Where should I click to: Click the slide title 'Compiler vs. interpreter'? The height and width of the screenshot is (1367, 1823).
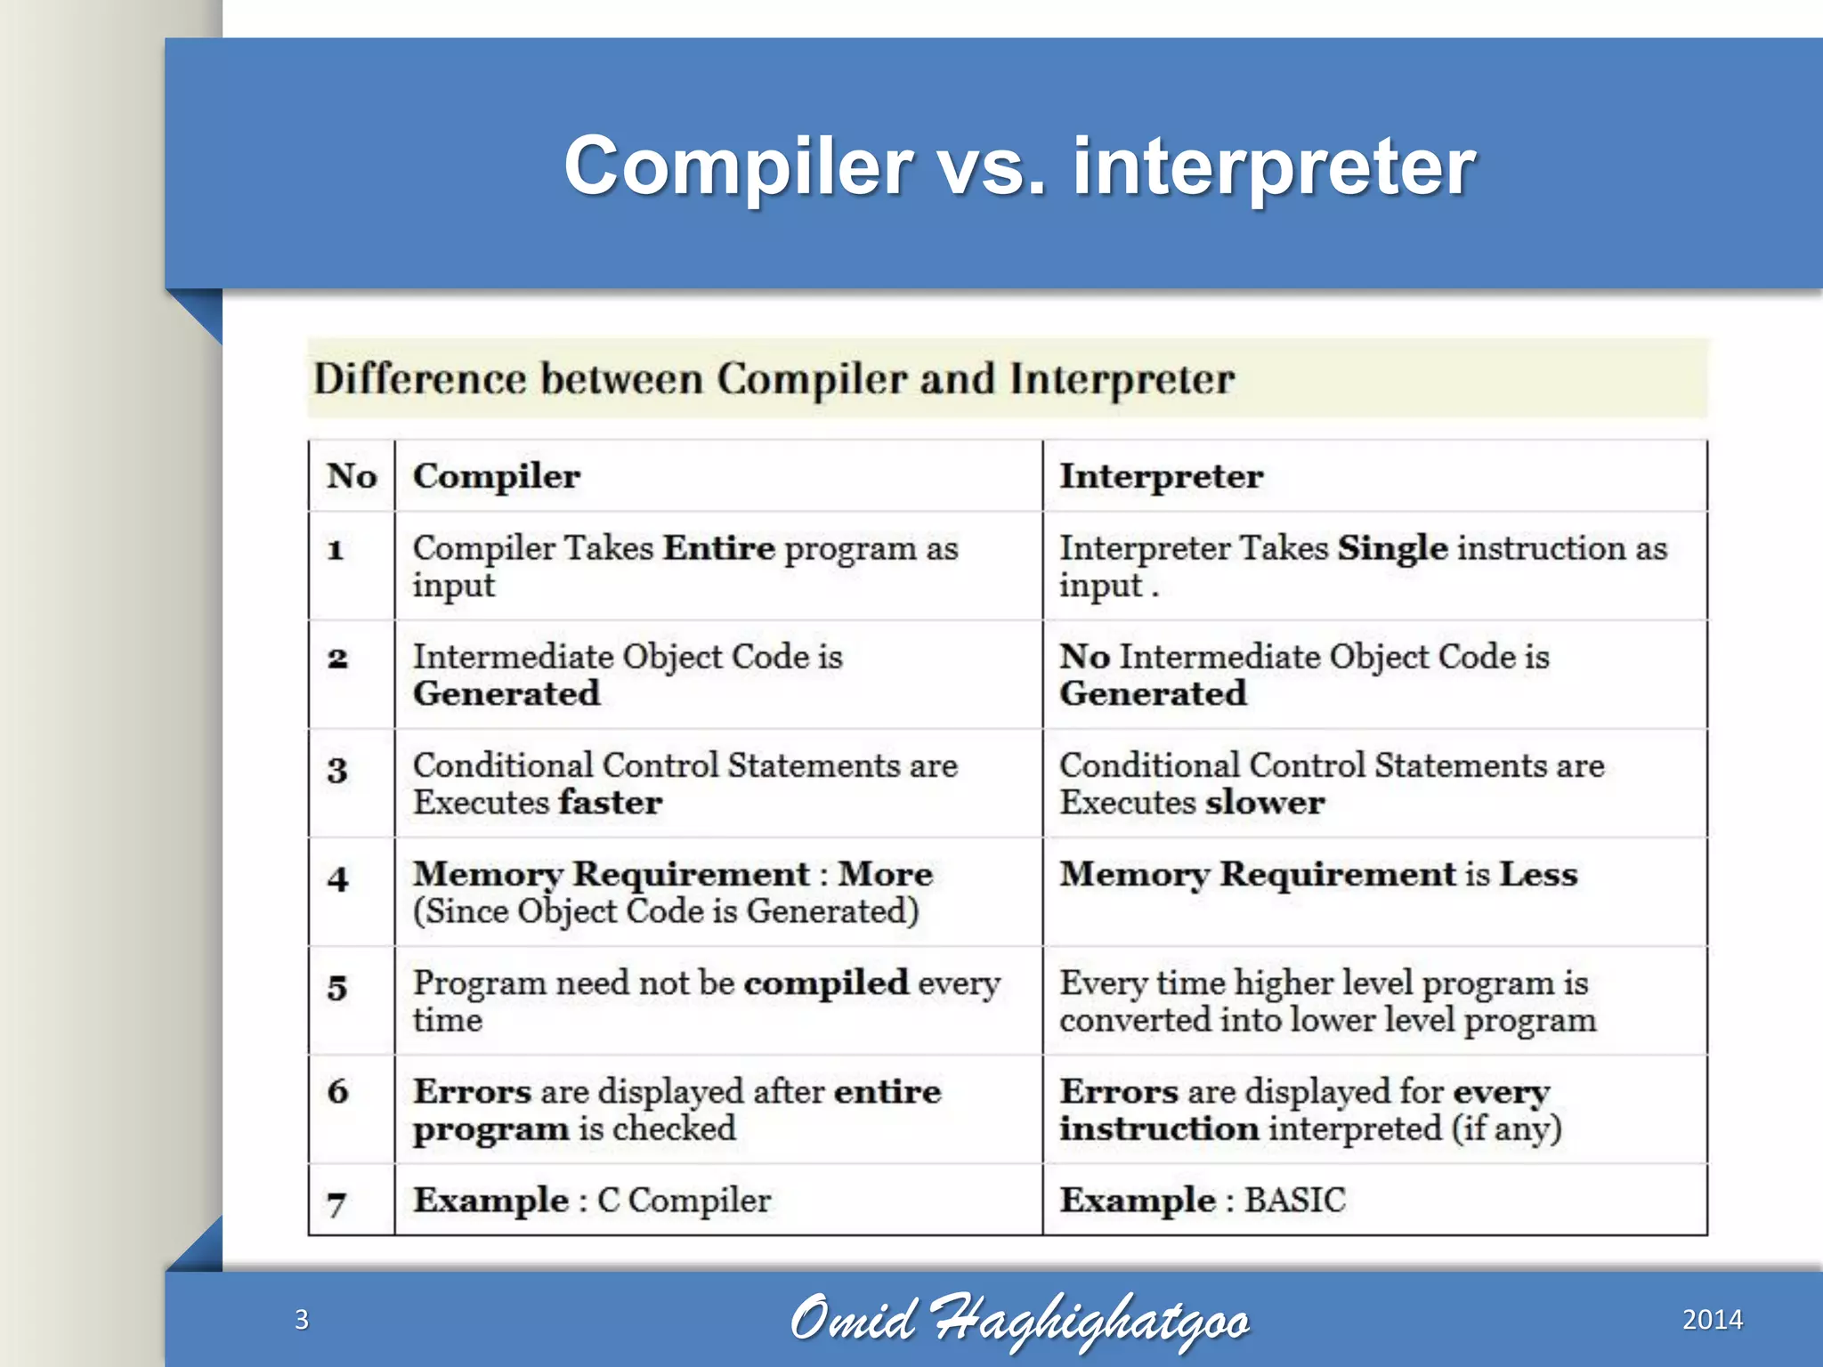[x=1019, y=166]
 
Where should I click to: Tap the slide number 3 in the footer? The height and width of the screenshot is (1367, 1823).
[x=302, y=1319]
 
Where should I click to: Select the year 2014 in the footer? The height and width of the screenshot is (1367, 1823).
[x=1712, y=1319]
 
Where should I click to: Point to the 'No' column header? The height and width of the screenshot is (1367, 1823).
[x=352, y=476]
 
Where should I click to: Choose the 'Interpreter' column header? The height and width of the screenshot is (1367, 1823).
[x=1161, y=476]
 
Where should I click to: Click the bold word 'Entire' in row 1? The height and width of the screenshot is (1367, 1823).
[x=719, y=547]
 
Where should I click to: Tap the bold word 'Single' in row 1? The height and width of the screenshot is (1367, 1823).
[x=1392, y=547]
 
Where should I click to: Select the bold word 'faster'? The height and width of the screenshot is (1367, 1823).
[x=611, y=803]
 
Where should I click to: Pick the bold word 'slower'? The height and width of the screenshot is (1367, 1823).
[x=1265, y=803]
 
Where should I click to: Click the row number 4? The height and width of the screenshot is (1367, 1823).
[x=337, y=879]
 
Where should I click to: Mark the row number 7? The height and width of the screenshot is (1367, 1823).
[x=336, y=1204]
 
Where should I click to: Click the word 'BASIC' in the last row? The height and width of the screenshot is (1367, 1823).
[x=1294, y=1201]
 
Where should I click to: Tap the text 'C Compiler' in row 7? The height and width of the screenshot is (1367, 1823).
[x=684, y=1201]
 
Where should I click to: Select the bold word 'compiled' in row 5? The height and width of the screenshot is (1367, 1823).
[x=826, y=983]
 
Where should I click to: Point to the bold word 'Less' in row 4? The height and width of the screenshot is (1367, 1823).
[x=1537, y=874]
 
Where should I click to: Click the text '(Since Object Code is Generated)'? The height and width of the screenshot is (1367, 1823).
[x=666, y=911]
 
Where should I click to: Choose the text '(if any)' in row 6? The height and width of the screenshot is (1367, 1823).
[x=1506, y=1129]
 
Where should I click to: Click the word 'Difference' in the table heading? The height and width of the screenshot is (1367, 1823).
[x=420, y=379]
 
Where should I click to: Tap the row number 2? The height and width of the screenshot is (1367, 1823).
[x=337, y=659]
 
